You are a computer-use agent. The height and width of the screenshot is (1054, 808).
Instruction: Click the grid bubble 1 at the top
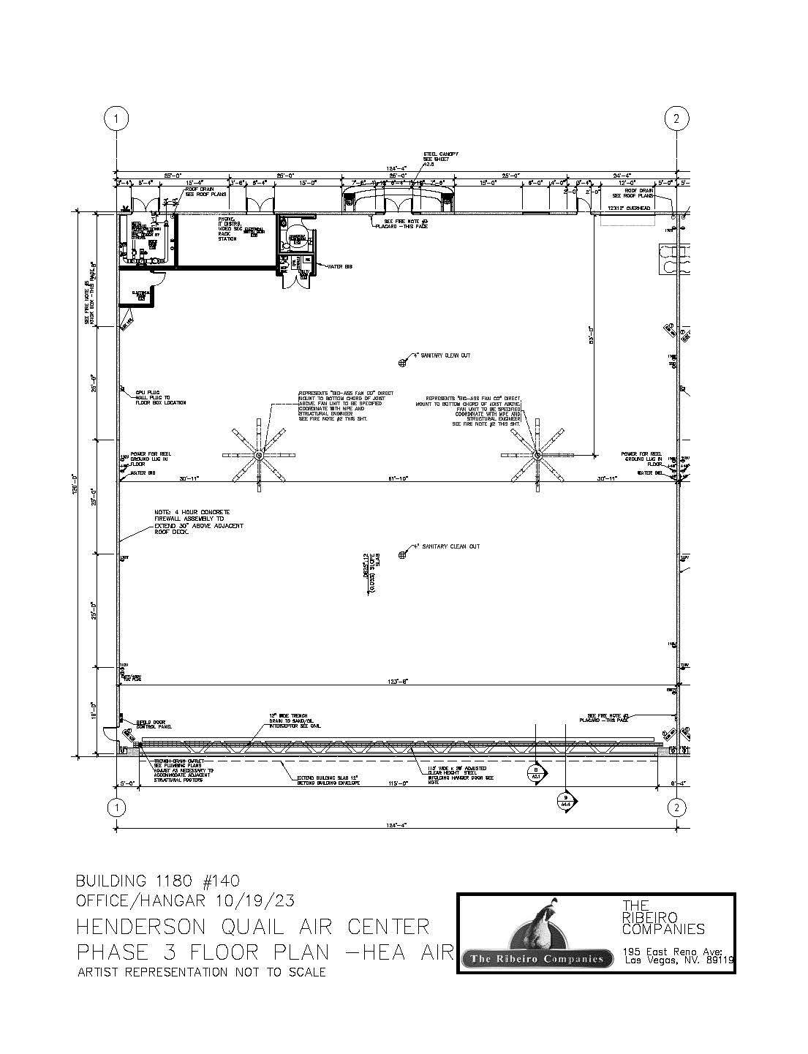coord(116,118)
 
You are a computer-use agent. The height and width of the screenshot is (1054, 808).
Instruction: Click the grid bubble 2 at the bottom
coord(677,807)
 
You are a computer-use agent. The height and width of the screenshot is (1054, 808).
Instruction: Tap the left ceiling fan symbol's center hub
coord(257,455)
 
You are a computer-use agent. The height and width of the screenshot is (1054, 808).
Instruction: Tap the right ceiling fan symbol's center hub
coord(537,455)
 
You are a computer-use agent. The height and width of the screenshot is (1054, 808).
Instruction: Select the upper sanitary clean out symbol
coord(401,362)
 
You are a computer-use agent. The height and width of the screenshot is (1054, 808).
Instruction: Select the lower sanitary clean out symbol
coord(401,555)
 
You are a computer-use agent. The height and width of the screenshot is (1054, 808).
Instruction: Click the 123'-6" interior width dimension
coord(398,681)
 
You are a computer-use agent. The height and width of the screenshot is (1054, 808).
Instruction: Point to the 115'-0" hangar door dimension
coord(397,783)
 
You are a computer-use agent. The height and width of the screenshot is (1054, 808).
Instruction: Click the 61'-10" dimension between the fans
coord(397,478)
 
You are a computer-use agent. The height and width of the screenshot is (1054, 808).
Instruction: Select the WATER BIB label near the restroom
coord(341,267)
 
